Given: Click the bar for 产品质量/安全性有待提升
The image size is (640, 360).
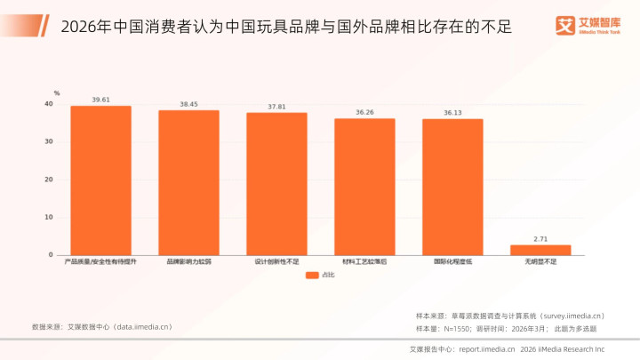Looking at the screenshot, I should pos(100,180).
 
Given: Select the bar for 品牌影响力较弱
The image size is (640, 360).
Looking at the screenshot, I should pos(188,182).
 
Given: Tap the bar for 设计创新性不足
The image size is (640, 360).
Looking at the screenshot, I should pos(276,184).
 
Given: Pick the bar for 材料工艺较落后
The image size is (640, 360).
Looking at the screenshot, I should pos(364,187).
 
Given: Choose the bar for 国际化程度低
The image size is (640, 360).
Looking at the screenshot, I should pos(452,187).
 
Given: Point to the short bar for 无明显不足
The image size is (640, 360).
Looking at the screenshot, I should pos(540,250).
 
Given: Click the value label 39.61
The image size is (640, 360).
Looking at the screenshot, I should pos(100,100).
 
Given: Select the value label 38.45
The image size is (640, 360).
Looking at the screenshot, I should pos(188,104).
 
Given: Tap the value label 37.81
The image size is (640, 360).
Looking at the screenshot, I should pos(276,107).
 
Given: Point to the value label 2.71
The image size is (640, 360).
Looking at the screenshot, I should pos(540,238).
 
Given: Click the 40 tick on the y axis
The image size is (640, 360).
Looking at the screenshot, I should pos(49,104).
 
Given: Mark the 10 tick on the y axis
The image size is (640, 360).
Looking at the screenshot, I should pos(49,217).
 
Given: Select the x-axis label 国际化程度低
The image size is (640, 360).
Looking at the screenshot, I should pos(452,262).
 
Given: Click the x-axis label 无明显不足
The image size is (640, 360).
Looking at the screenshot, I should pos(540,262).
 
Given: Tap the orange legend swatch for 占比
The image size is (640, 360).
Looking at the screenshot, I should pos(312,276).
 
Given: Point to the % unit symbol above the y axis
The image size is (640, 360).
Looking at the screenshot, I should pos(56,92).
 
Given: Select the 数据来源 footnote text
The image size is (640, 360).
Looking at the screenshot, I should pos(101,326).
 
